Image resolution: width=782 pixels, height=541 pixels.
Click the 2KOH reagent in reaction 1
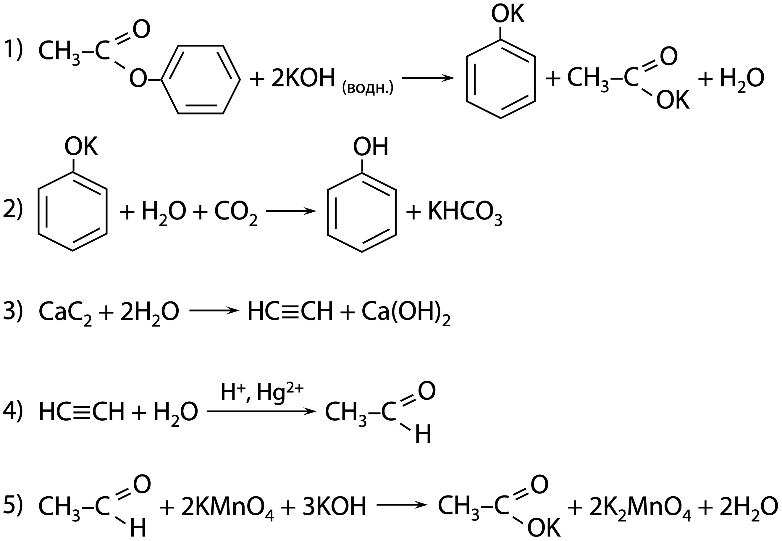click(x=303, y=79)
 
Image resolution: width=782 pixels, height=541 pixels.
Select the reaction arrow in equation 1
click(x=428, y=79)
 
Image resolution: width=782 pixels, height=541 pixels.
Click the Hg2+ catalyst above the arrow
click(x=280, y=393)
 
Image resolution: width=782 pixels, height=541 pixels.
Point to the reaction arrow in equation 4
click(x=261, y=411)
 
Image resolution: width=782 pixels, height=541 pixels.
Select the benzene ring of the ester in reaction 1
click(x=201, y=80)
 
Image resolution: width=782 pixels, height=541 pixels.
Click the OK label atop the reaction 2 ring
click(x=81, y=146)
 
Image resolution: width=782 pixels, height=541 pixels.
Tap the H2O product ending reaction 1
click(x=742, y=79)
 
